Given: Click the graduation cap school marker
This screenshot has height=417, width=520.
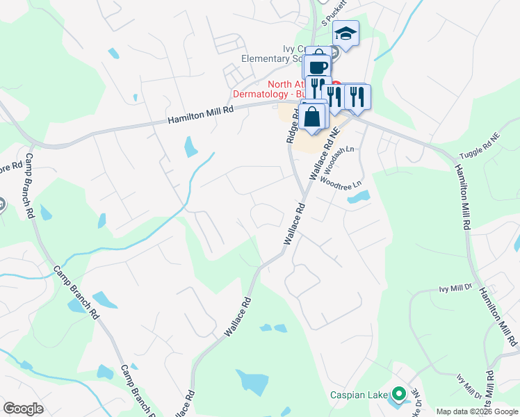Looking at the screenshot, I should point(346,33).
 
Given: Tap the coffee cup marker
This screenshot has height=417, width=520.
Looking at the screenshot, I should point(318,67).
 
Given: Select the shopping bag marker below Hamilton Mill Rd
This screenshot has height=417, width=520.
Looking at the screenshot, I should point(314,117).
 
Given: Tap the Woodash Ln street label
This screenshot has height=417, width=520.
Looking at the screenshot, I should point(341,158).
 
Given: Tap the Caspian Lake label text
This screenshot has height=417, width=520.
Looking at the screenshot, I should point(358,395).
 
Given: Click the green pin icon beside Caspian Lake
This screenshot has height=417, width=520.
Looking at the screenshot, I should point(398,395).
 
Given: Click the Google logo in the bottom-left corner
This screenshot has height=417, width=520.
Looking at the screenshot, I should point(23,409).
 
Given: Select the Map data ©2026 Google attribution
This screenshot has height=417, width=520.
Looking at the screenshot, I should point(477,411).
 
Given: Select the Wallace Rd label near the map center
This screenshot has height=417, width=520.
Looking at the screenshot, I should point(293,223).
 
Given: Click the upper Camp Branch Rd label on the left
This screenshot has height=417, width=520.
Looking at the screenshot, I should point(31,188).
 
